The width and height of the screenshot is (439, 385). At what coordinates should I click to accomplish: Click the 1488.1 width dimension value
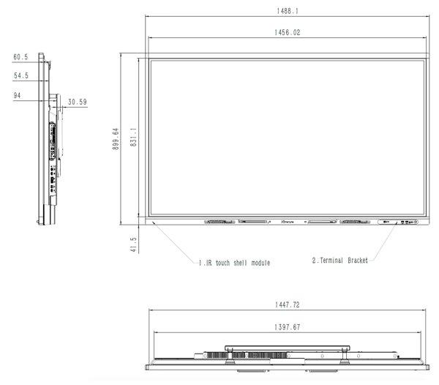pyautogui.click(x=287, y=11)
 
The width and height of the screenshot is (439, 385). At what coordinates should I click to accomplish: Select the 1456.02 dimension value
pyautogui.click(x=287, y=32)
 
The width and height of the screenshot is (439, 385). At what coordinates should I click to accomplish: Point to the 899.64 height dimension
pyautogui.click(x=116, y=141)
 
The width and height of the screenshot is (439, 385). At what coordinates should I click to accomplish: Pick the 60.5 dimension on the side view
pyautogui.click(x=20, y=56)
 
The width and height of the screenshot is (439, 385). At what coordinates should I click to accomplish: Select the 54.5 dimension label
pyautogui.click(x=20, y=75)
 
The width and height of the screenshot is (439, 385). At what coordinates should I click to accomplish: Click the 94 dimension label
pyautogui.click(x=18, y=94)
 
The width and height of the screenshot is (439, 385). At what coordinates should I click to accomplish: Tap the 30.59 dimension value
pyautogui.click(x=77, y=102)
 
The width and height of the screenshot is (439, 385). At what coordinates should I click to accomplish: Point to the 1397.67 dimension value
pyautogui.click(x=287, y=327)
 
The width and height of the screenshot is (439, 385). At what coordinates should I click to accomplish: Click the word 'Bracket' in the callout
pyautogui.click(x=354, y=260)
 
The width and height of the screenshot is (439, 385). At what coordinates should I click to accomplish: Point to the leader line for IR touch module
pyautogui.click(x=176, y=241)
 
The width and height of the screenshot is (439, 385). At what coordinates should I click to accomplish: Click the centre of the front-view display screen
pyautogui.click(x=287, y=138)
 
